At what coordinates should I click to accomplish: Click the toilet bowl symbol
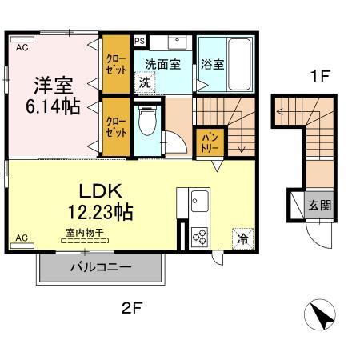click(147, 121)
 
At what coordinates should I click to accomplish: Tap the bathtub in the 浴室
click(240, 65)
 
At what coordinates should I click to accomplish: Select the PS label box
click(139, 42)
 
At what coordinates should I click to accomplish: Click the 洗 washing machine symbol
click(145, 82)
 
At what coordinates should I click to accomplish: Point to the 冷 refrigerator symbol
click(243, 239)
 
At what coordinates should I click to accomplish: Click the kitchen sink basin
click(200, 201)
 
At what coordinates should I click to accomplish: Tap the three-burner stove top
click(200, 236)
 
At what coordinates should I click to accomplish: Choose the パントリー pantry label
click(210, 143)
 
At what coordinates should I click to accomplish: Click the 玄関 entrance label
click(319, 206)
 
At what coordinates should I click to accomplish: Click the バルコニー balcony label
click(101, 267)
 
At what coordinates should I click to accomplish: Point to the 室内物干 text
click(85, 233)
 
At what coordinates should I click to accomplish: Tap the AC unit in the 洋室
click(22, 40)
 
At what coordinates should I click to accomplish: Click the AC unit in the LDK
click(22, 246)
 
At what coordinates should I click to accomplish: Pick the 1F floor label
click(320, 76)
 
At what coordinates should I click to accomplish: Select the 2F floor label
click(132, 308)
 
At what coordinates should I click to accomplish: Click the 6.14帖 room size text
click(53, 106)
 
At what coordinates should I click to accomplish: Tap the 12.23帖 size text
click(101, 212)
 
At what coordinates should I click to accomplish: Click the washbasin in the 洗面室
click(178, 42)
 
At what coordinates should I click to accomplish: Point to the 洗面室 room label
click(162, 64)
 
